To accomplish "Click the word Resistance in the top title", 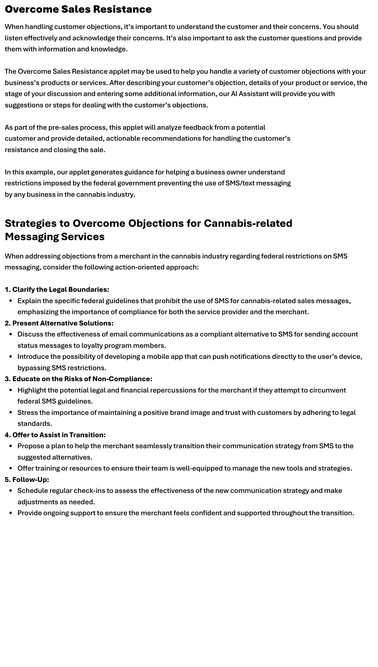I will click(x=122, y=9).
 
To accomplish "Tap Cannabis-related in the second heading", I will click(x=248, y=223).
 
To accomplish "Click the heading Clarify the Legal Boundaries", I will click(x=60, y=289).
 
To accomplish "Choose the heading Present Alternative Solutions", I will click(x=63, y=323).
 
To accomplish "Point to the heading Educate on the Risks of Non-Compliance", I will click(x=82, y=379).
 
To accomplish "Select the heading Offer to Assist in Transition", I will click(x=59, y=435).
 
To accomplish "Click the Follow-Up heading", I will click(x=30, y=480).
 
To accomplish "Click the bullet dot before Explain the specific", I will click(x=11, y=301).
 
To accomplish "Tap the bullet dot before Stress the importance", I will click(x=11, y=413).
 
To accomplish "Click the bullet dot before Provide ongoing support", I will click(x=11, y=513).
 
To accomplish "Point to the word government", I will click(x=136, y=183).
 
